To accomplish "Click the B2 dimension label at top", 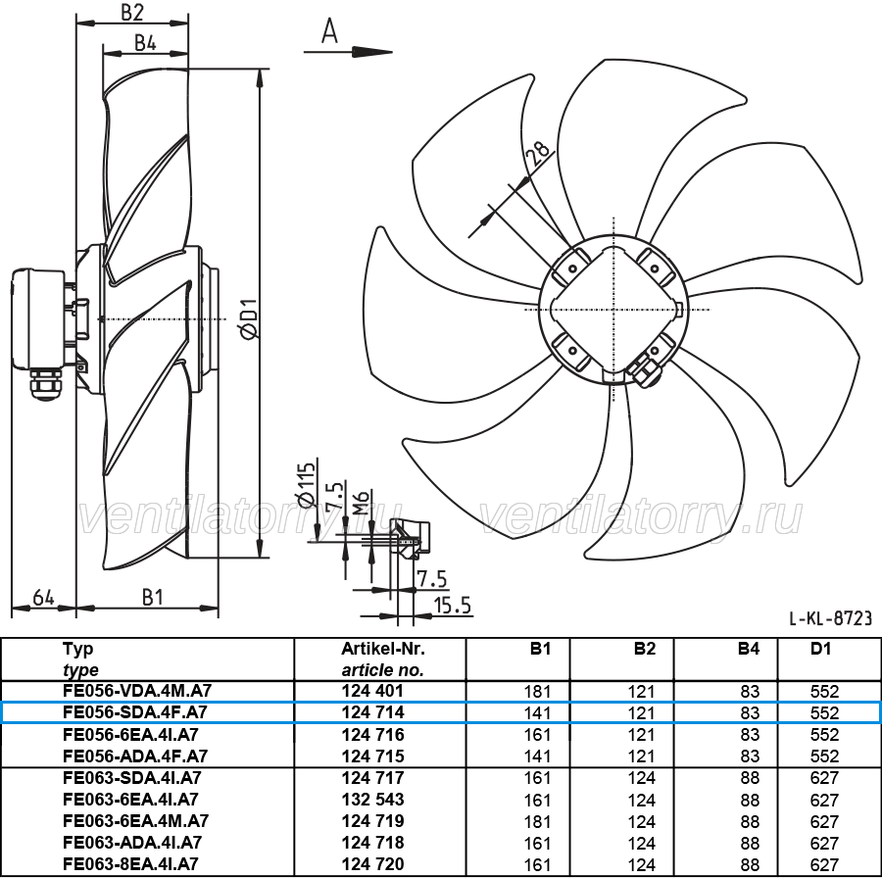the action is click(132, 13).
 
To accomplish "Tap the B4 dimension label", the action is click(145, 43).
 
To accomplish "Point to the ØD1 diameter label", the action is click(248, 318).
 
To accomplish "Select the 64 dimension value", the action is click(44, 598).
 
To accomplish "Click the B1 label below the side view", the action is click(153, 598).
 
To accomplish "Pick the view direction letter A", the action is click(329, 31).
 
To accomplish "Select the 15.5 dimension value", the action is click(452, 606).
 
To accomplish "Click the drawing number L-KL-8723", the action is click(830, 618).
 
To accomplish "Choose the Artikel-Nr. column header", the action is click(383, 649).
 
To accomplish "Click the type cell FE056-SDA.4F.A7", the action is click(135, 712).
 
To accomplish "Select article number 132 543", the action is click(373, 800).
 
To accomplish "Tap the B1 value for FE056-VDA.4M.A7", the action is click(537, 691).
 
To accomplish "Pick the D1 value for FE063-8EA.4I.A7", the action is click(824, 864).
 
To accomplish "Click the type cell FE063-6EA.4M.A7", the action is click(135, 821).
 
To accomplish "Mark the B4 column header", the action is click(748, 649).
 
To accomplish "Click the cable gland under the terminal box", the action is click(45, 385).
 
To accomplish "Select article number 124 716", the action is click(373, 735).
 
